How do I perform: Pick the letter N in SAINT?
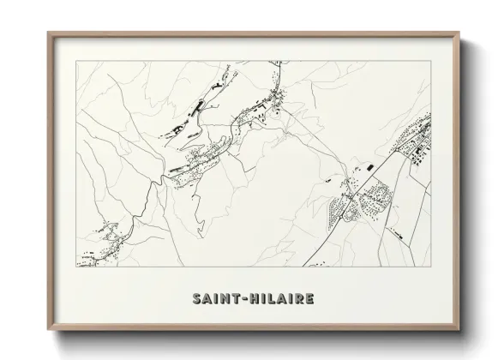[x=220, y=299]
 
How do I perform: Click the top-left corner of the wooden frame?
[x=48, y=33]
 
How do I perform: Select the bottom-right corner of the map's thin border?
[x=431, y=267]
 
